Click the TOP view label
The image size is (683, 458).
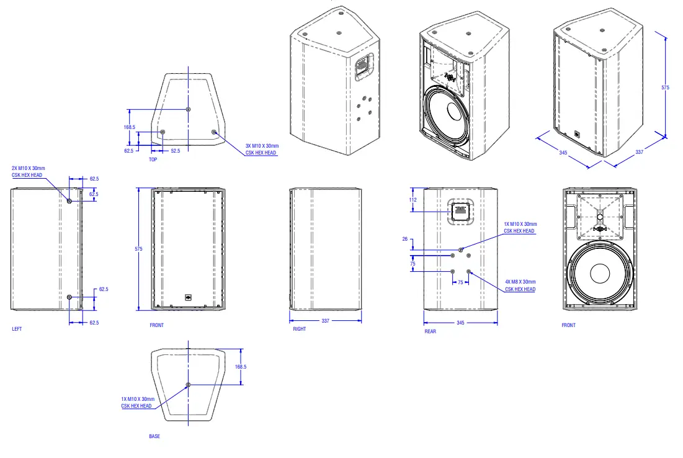[x=153, y=159]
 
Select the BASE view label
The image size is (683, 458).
[x=154, y=436]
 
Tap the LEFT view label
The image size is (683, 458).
[x=17, y=329]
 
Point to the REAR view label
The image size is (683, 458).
[x=430, y=331]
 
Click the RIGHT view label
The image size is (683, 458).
[x=300, y=329]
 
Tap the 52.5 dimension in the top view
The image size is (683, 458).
[x=176, y=151]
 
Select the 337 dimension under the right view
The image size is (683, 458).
[x=325, y=321]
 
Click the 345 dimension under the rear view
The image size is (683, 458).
[x=460, y=323]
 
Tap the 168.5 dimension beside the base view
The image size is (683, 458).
[x=241, y=367]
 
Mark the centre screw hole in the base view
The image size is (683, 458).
[x=189, y=385]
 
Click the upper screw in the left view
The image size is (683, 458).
[x=69, y=201]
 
